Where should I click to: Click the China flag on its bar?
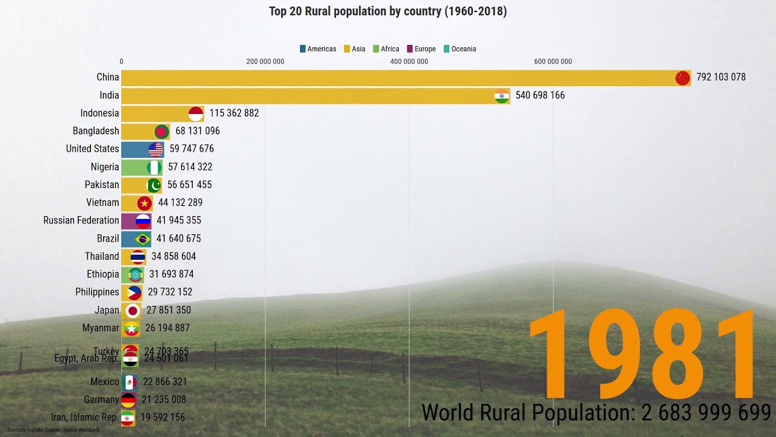(x=683, y=78)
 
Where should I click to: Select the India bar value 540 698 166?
(x=540, y=95)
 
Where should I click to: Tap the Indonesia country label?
(x=99, y=113)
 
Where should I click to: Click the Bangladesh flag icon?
(x=161, y=131)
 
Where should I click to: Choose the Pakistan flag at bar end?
(x=154, y=185)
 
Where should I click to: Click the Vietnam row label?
(x=102, y=203)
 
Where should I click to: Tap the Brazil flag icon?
(x=143, y=239)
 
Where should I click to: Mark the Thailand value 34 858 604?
(x=173, y=256)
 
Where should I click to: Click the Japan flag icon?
(x=132, y=311)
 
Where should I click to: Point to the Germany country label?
(x=101, y=399)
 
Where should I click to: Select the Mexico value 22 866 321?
(x=165, y=382)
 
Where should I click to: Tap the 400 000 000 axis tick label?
(x=409, y=61)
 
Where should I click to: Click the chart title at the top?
(x=388, y=12)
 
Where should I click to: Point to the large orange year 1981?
(x=643, y=355)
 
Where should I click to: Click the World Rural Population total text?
(x=595, y=413)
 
